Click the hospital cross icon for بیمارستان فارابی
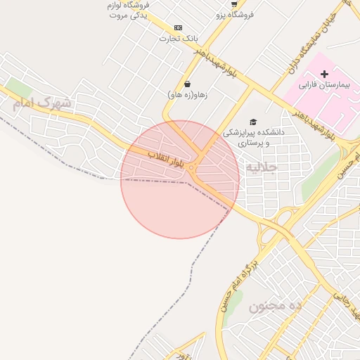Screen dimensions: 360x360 pyautogui.click(x=324, y=74)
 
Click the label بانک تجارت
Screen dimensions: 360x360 pyautogui.click(x=179, y=38)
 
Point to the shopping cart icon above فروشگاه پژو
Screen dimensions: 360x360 pyautogui.click(x=234, y=4)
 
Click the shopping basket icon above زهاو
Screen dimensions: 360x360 pyautogui.click(x=187, y=84)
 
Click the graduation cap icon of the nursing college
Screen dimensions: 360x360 pyautogui.click(x=253, y=122)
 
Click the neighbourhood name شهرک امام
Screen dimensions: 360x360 pyautogui.click(x=41, y=103)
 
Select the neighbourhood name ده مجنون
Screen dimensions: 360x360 pyautogui.click(x=275, y=306)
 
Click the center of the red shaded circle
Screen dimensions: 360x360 pyautogui.click(x=180, y=179)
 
